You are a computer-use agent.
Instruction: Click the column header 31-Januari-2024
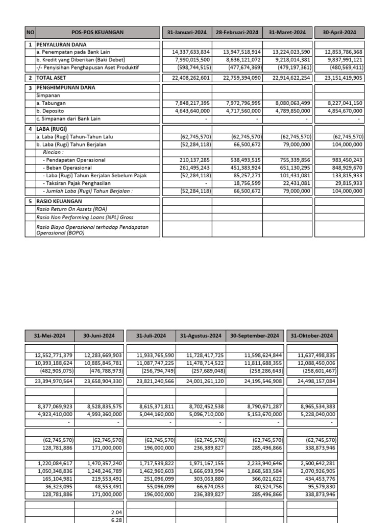[187, 32]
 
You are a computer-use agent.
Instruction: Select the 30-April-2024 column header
[339, 32]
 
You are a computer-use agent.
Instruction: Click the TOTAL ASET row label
[52, 78]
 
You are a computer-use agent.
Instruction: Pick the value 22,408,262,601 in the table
[188, 78]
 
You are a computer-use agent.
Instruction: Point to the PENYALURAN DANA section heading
[58, 45]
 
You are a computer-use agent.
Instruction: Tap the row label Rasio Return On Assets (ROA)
[71, 209]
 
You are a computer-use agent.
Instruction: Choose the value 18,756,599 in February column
[243, 183]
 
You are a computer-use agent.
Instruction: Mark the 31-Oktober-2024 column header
[311, 336]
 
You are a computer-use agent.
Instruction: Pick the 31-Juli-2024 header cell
[151, 336]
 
